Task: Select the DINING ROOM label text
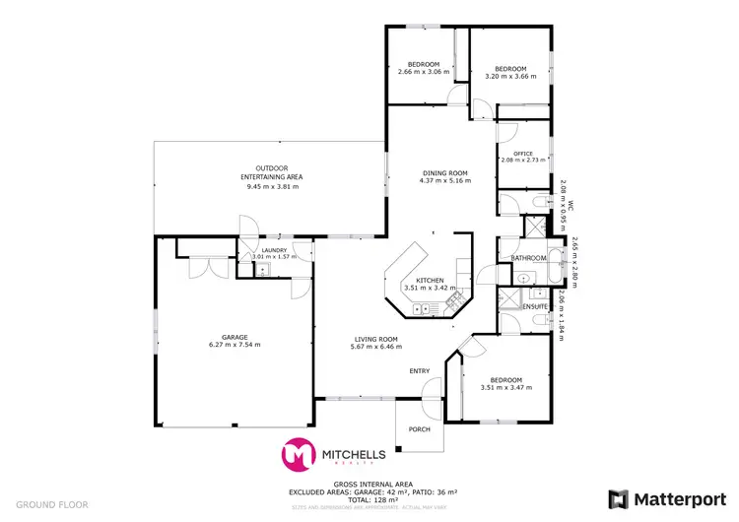442,173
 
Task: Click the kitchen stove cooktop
453,294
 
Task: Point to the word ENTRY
421,370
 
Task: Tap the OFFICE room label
522,154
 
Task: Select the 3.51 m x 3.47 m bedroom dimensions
505,388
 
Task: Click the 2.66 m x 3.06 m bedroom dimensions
423,72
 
